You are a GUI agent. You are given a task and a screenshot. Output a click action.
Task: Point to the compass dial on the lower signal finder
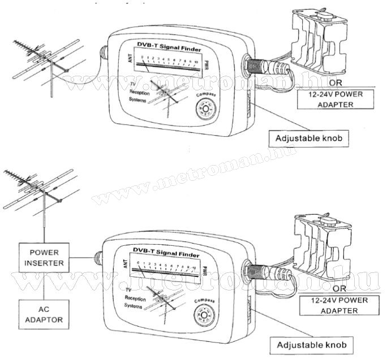click(203, 314)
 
